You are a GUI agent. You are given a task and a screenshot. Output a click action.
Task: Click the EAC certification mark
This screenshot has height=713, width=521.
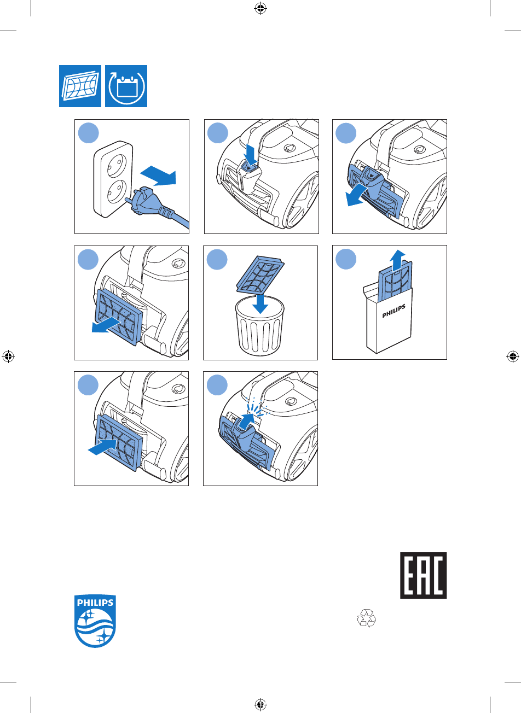click(423, 575)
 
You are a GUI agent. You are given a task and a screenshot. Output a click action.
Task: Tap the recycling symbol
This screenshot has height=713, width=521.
click(367, 618)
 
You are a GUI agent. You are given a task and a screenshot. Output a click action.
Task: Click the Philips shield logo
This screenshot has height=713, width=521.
click(95, 621)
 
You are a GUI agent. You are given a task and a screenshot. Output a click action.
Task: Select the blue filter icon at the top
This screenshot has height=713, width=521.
click(80, 86)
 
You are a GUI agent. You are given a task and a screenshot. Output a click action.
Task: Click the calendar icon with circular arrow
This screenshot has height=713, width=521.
click(126, 86)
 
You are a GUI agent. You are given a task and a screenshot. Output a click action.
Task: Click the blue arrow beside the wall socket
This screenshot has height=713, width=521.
click(158, 176)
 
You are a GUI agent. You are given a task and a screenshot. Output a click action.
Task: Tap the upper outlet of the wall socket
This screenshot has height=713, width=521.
click(117, 165)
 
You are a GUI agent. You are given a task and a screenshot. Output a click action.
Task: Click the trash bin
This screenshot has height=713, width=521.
click(260, 325)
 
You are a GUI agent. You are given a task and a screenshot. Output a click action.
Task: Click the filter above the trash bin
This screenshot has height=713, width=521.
click(260, 274)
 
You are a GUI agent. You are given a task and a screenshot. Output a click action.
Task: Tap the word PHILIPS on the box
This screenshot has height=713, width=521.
click(394, 311)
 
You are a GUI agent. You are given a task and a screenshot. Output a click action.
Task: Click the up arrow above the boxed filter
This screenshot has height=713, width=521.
click(397, 260)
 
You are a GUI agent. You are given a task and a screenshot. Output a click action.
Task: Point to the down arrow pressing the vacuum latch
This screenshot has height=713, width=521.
click(251, 155)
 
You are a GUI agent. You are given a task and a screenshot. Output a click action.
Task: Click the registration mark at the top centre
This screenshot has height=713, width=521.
click(260, 9)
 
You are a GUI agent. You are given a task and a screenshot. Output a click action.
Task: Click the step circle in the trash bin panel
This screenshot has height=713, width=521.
click(217, 259)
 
